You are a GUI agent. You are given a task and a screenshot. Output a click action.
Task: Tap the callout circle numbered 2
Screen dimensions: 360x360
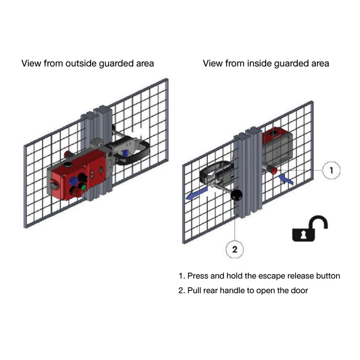tap(235, 250)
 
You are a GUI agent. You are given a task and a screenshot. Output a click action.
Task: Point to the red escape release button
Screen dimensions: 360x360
tap(274, 171)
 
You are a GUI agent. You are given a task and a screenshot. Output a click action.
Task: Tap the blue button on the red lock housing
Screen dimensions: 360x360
tap(73, 181)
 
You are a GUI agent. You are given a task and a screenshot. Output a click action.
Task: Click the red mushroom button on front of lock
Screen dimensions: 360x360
tap(75, 192)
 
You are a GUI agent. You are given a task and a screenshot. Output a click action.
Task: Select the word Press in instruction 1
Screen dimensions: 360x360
tap(198, 276)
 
